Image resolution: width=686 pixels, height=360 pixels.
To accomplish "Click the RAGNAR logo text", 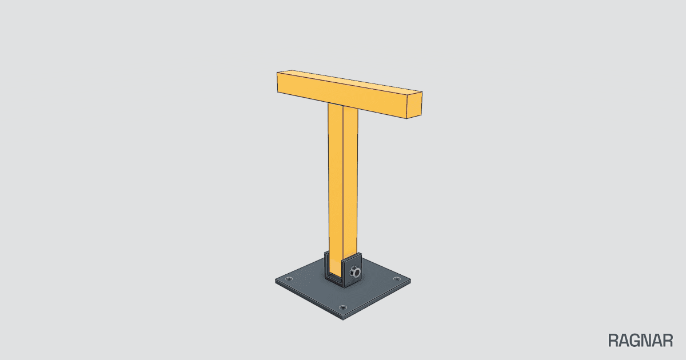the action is tap(640, 341).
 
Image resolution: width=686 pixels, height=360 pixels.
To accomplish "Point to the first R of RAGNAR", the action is tap(613, 341).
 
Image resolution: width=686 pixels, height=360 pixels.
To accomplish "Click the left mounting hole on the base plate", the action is tap(289, 279).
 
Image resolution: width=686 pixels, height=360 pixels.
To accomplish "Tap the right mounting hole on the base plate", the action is tap(397, 279).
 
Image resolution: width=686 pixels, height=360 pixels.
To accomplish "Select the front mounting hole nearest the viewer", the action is tap(342, 307).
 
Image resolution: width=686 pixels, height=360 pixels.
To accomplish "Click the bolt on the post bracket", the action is tap(355, 271).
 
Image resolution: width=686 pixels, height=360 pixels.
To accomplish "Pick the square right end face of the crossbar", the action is tap(414, 105).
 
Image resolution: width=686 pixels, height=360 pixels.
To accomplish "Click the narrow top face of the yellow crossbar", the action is tap(350, 81).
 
